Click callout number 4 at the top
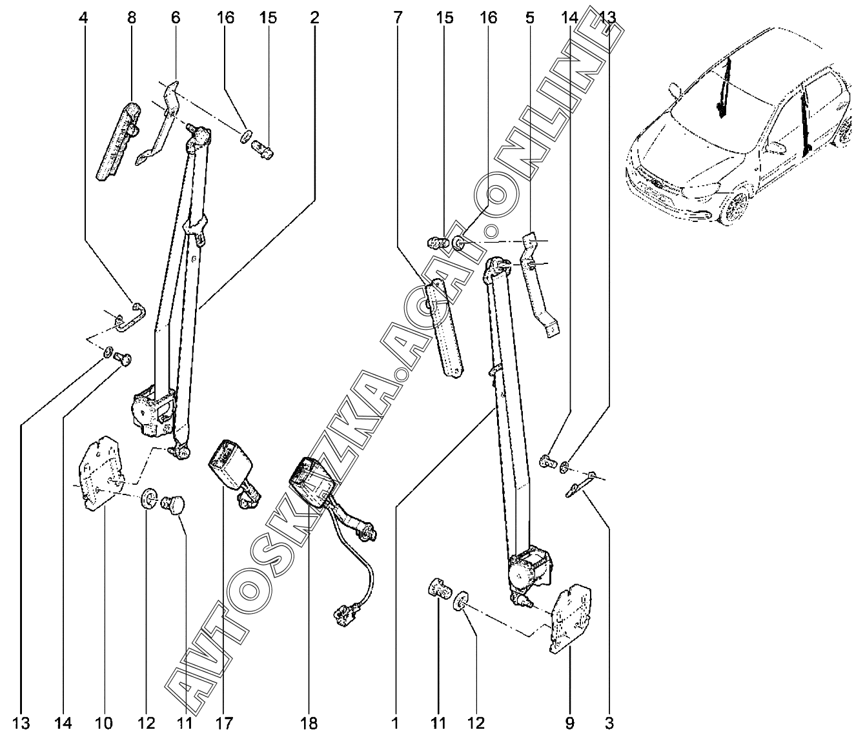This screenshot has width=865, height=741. (83, 17)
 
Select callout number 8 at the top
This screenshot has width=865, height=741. (132, 17)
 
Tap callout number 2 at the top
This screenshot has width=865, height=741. (314, 17)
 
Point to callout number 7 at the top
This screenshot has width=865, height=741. (396, 17)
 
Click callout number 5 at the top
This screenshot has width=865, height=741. (529, 17)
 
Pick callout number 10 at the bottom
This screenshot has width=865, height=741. (104, 722)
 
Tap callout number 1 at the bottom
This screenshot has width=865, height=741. (395, 722)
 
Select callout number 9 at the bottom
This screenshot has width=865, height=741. (569, 722)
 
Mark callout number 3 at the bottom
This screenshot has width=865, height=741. (609, 722)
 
